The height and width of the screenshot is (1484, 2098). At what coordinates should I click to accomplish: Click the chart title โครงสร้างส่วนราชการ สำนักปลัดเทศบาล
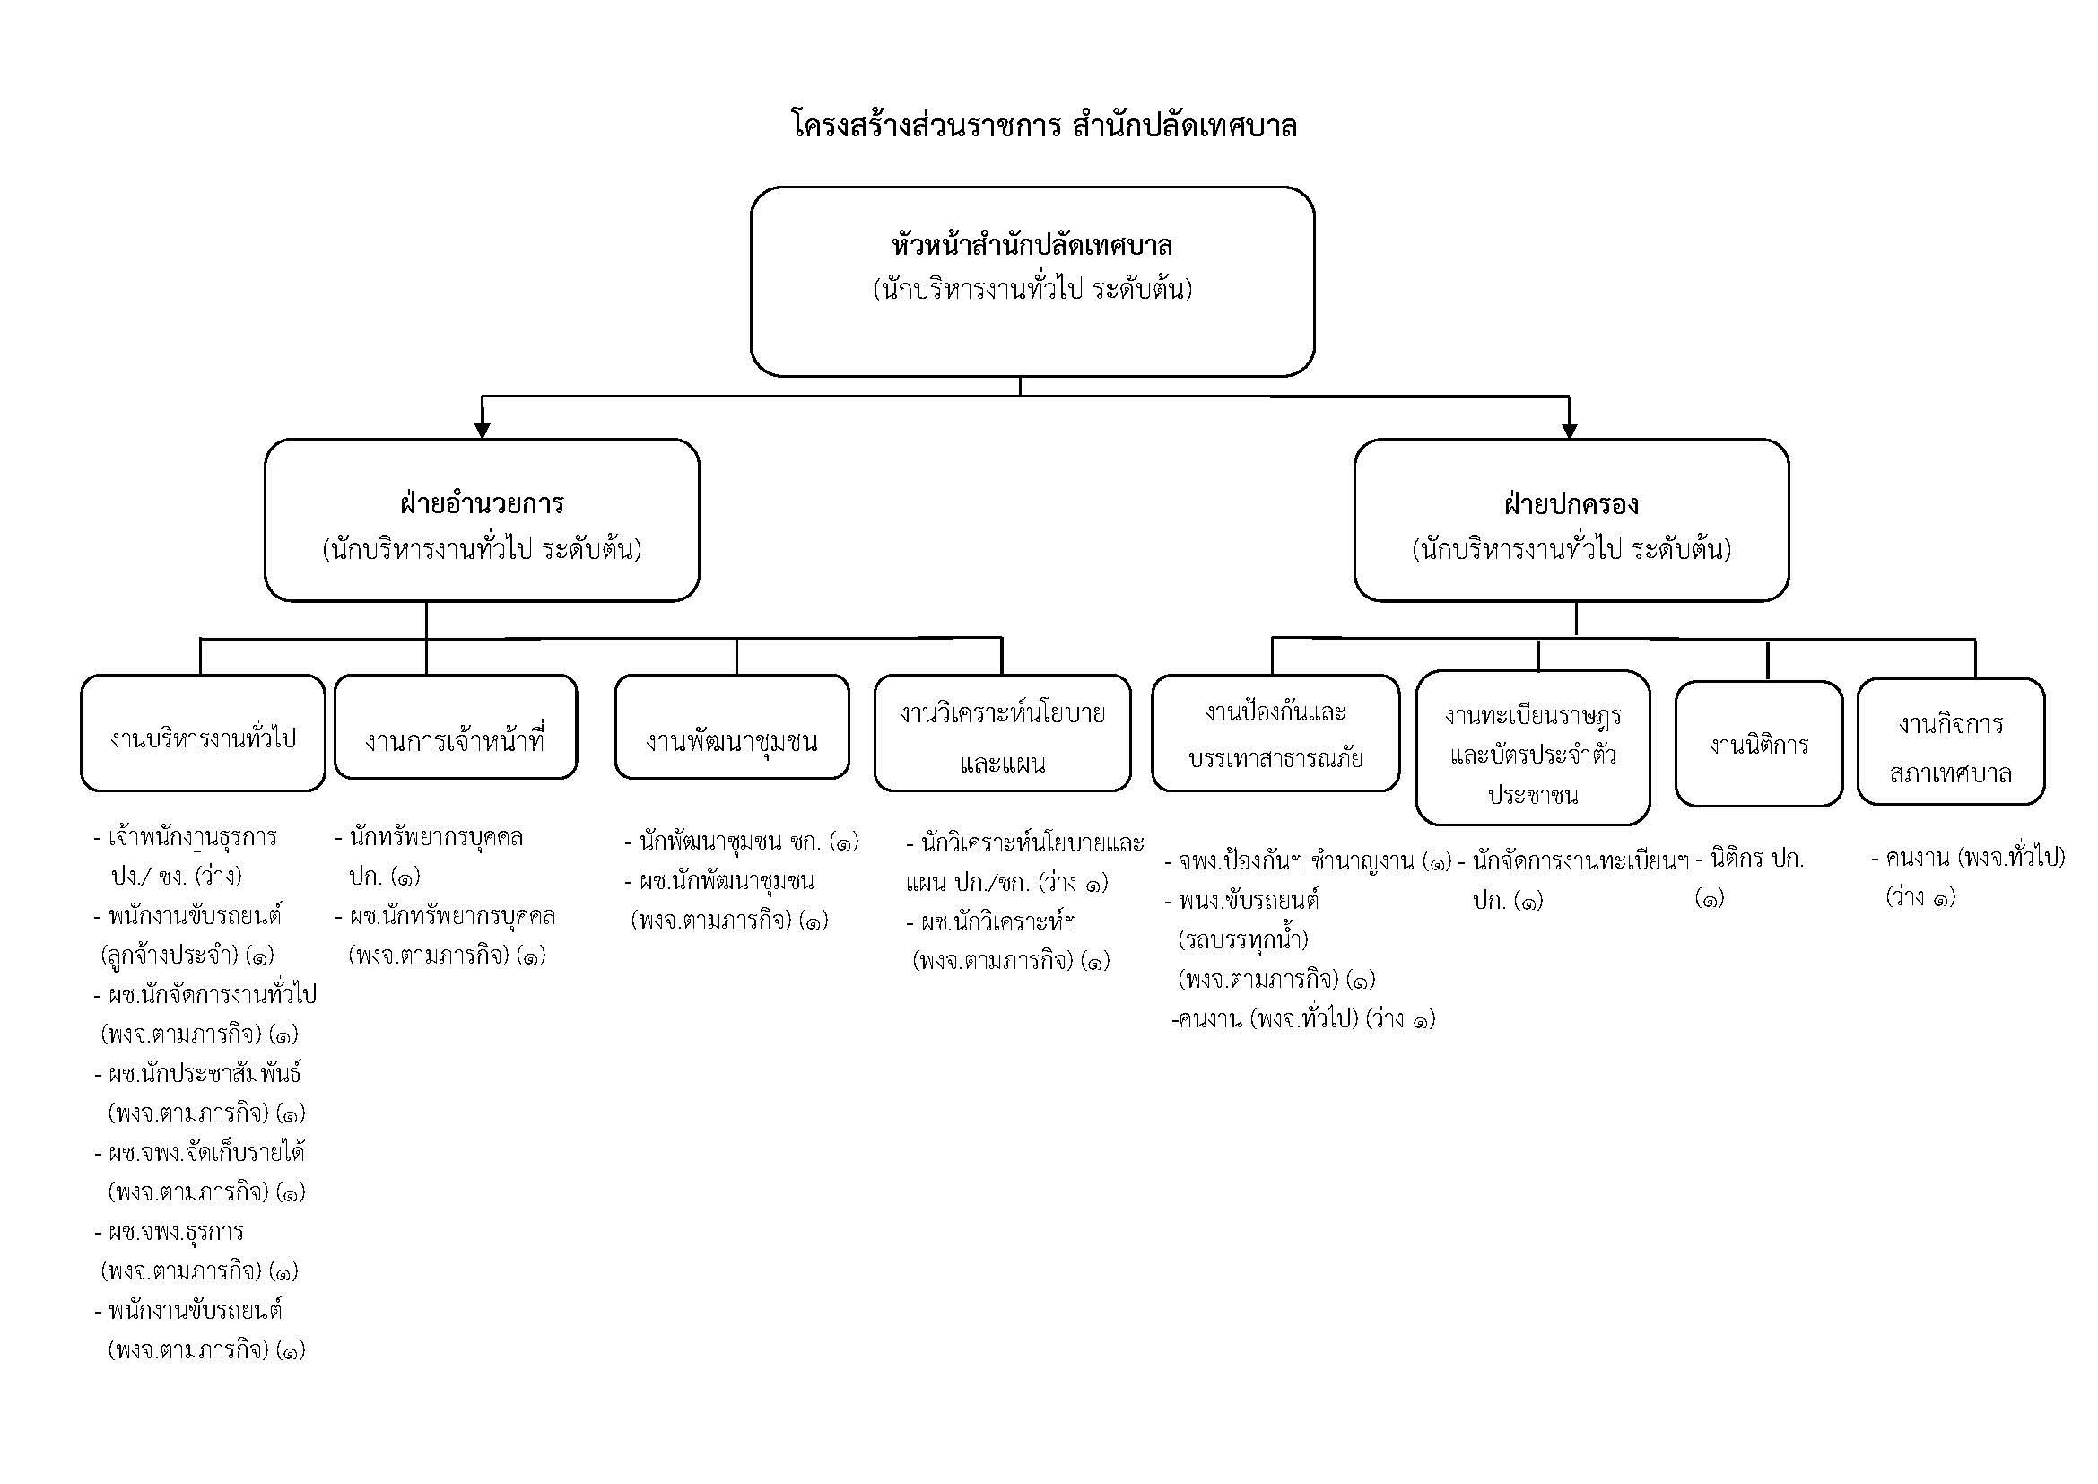pos(1043,126)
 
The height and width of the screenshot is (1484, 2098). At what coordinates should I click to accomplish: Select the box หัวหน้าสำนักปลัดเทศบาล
pos(1032,281)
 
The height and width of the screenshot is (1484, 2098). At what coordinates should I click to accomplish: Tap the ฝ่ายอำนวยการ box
pos(482,520)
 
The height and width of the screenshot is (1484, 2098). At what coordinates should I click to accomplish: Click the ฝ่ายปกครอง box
pos(1571,520)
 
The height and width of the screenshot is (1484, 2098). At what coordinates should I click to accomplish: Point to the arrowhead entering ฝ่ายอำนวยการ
pos(483,431)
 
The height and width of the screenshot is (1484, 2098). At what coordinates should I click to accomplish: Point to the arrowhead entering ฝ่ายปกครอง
pos(1570,431)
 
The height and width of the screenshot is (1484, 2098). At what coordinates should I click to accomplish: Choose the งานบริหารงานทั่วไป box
pos(203,733)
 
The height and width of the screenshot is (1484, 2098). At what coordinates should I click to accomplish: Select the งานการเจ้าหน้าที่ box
pos(455,728)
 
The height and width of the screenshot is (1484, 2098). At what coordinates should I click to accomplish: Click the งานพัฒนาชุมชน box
pos(731,728)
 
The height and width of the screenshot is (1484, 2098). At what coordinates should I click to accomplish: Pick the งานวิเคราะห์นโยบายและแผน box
pos(1003,733)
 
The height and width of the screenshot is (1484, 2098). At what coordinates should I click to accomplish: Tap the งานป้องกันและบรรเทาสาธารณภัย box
pos(1275,733)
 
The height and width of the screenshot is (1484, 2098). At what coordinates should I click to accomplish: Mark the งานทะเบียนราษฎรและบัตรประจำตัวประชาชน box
pos(1532,747)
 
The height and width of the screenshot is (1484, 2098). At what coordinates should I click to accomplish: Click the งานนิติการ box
pos(1758,744)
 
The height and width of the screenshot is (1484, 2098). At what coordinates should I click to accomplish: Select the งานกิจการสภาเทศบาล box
pos(1950,742)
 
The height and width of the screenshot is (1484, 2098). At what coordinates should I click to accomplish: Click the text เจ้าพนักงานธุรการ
pos(192,837)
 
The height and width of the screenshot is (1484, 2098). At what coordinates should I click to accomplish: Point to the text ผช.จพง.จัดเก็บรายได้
pos(206,1153)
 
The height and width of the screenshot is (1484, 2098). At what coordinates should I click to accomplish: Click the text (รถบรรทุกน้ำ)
pos(1242,939)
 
